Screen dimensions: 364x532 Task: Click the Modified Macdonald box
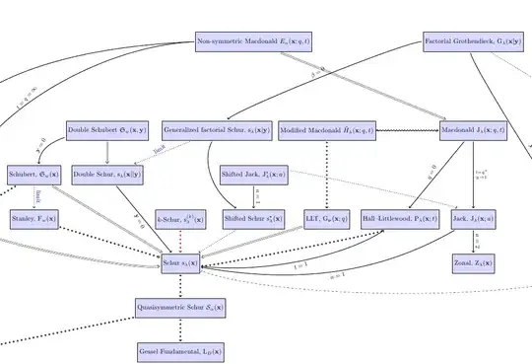point(325,130)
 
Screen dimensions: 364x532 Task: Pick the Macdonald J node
point(473,130)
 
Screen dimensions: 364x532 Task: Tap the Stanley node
point(33,217)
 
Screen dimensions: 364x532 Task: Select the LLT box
point(326,217)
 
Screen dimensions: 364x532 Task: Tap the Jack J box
point(473,217)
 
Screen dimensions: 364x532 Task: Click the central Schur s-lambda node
point(180,263)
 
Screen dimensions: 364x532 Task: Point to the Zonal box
point(473,263)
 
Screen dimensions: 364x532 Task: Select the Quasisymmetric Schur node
point(180,307)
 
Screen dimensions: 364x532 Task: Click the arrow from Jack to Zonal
point(473,241)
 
